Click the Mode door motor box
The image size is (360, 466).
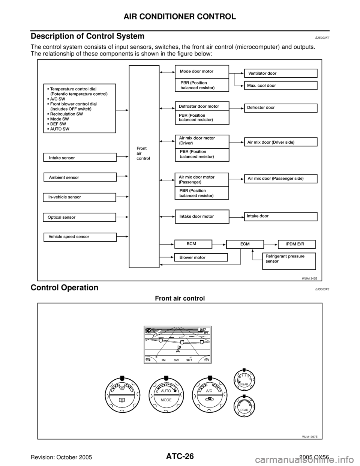(x=202, y=72)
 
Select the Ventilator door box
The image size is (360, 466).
(x=281, y=73)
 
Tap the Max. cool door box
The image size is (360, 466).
(x=281, y=86)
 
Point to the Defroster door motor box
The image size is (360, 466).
(x=202, y=106)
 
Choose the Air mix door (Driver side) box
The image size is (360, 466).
(x=281, y=142)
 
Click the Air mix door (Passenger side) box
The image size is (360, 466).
(x=281, y=179)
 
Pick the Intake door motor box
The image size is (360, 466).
(x=202, y=216)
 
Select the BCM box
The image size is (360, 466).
(x=193, y=244)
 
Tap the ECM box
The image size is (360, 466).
(x=245, y=244)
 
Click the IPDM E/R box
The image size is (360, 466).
(x=296, y=244)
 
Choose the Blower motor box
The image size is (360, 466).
(x=201, y=257)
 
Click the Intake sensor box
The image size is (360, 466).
(x=80, y=158)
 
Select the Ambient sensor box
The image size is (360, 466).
(x=80, y=177)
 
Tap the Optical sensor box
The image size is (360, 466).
(x=79, y=217)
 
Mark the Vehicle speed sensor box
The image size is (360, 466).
(x=79, y=237)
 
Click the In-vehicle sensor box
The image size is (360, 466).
(x=79, y=197)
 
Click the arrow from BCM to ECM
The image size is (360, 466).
(x=219, y=244)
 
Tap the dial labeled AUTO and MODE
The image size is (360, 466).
(x=166, y=395)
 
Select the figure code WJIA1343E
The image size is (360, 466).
(x=310, y=279)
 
